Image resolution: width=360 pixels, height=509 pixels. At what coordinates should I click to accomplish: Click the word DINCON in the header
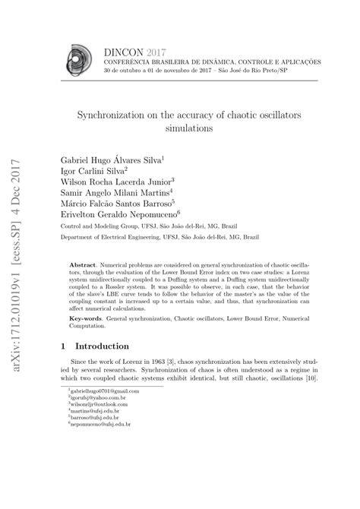(121, 50)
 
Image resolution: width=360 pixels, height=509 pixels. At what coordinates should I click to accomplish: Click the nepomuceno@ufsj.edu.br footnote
(99, 486)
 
